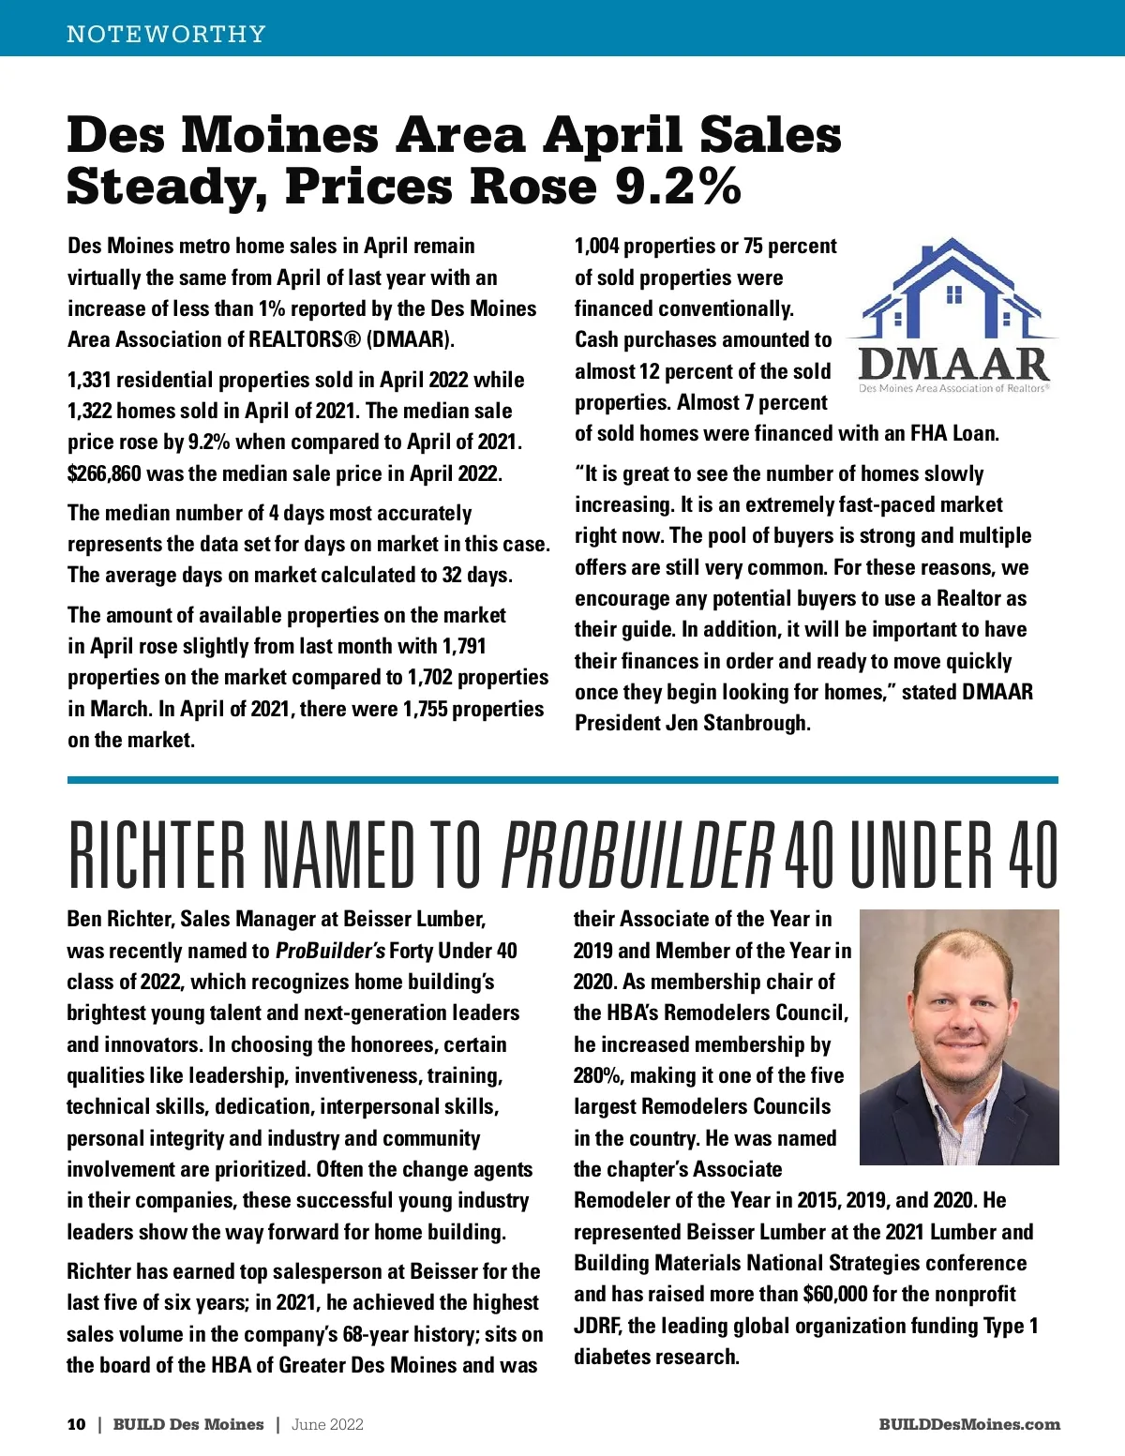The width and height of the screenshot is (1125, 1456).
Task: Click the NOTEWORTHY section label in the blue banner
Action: pyautogui.click(x=166, y=34)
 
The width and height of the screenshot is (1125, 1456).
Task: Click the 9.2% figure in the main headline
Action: pyautogui.click(x=678, y=187)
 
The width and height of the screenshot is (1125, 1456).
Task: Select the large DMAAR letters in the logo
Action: pyautogui.click(x=952, y=364)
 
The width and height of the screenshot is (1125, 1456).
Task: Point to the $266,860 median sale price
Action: pyautogui.click(x=104, y=473)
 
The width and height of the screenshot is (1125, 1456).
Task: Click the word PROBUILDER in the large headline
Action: pyautogui.click(x=637, y=856)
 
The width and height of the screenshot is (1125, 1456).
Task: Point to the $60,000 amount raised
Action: pyautogui.click(x=835, y=1294)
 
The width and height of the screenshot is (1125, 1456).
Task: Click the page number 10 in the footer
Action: pyautogui.click(x=76, y=1424)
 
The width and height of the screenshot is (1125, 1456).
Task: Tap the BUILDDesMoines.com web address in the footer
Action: pyautogui.click(x=969, y=1424)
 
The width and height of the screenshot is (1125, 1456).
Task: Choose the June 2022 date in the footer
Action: pyautogui.click(x=327, y=1424)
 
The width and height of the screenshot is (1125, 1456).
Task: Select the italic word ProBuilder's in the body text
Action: pyautogui.click(x=330, y=951)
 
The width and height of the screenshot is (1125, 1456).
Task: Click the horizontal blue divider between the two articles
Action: pyautogui.click(x=562, y=779)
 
